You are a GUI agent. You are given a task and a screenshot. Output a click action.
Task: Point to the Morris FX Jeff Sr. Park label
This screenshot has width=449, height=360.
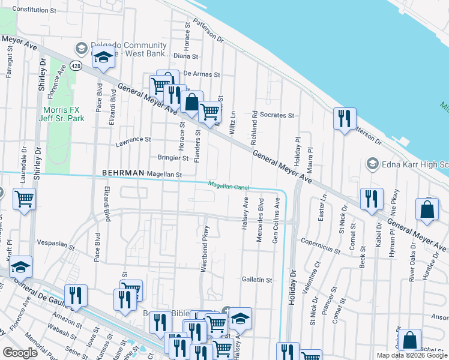coord(64,114)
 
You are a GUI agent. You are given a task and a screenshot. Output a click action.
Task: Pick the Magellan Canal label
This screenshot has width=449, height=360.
coord(228,187)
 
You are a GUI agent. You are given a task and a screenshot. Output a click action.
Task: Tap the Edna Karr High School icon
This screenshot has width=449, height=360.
coord(372,164)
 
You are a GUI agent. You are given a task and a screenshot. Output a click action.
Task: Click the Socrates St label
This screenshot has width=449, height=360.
coord(277,115)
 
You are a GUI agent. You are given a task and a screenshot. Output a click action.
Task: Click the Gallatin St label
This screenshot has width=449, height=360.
coord(257,280)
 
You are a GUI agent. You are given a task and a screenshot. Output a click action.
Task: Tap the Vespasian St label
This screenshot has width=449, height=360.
coord(55,246)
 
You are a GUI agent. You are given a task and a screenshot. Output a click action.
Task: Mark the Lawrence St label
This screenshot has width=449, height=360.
coord(133,140)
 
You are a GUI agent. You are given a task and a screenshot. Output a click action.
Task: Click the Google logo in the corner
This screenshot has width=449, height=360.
coord(20,353)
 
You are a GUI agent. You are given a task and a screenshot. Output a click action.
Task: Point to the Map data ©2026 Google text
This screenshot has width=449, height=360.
coord(412,355)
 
